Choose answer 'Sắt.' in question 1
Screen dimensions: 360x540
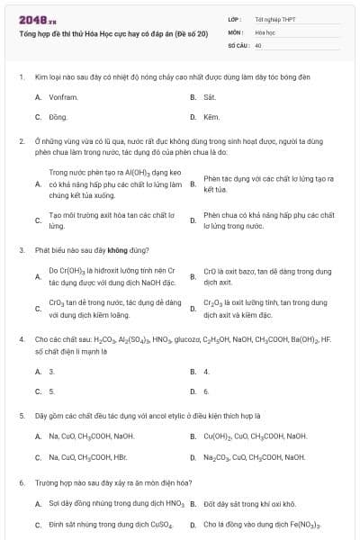[210, 96]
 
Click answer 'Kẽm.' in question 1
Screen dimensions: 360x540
[211, 117]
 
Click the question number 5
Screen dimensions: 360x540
[21, 416]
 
